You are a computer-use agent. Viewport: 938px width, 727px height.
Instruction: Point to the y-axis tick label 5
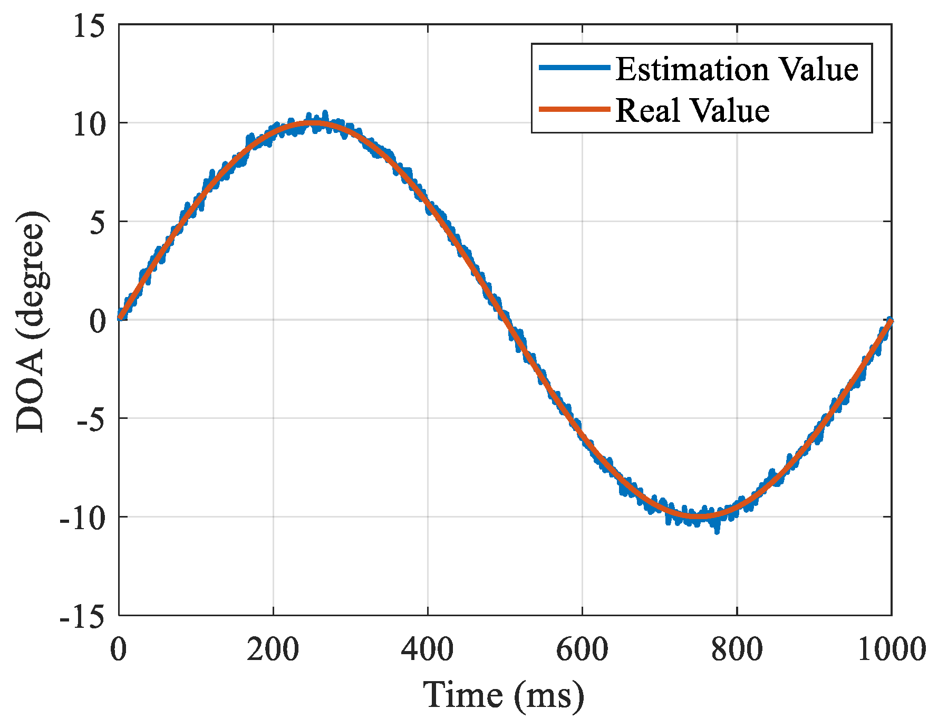pyautogui.click(x=98, y=223)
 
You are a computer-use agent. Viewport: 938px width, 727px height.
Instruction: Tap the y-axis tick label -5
pyautogui.click(x=91, y=419)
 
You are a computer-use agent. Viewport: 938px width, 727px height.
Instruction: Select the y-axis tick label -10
pyautogui.click(x=82, y=518)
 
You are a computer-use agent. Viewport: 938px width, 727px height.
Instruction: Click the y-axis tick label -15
pyautogui.click(x=82, y=616)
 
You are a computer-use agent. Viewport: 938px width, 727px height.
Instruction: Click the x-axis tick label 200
pyautogui.click(x=273, y=649)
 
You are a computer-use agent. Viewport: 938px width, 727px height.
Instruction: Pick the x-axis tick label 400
pyautogui.click(x=428, y=649)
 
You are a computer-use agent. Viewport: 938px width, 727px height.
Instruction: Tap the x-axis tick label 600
pyautogui.click(x=582, y=649)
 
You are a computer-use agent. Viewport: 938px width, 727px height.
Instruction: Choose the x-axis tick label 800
pyautogui.click(x=737, y=649)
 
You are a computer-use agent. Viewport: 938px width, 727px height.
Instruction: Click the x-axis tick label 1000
pyautogui.click(x=891, y=649)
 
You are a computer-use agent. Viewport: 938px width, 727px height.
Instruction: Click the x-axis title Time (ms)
pyautogui.click(x=504, y=695)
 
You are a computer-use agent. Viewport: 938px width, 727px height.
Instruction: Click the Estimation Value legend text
pyautogui.click(x=737, y=70)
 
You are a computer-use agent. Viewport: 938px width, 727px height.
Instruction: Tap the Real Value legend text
pyautogui.click(x=692, y=111)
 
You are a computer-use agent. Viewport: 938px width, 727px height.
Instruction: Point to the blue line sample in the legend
pyautogui.click(x=574, y=68)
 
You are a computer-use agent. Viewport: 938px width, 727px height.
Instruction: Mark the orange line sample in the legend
pyautogui.click(x=574, y=109)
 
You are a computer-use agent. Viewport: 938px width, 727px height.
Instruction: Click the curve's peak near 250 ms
pyautogui.click(x=312, y=123)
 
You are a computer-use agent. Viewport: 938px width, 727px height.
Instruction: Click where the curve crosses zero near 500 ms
pyautogui.click(x=505, y=320)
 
